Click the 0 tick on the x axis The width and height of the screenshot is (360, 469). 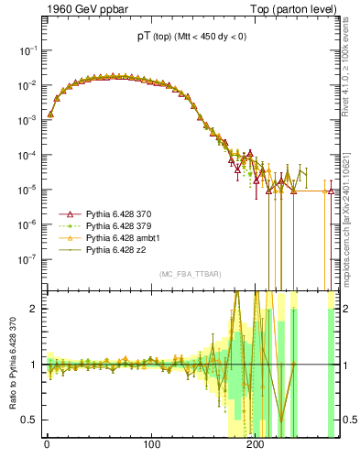point(47,447)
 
